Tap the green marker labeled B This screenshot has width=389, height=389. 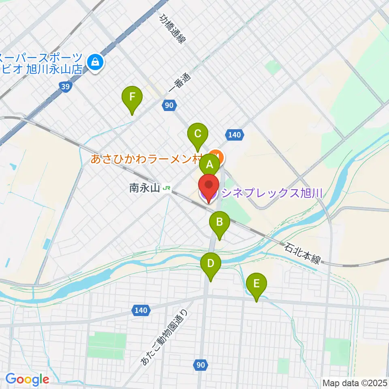(x=219, y=222)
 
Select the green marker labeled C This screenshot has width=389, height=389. (x=198, y=134)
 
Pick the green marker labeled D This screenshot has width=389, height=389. (x=211, y=264)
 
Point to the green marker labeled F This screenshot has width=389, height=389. (x=132, y=97)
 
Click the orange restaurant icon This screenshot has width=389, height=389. (x=217, y=156)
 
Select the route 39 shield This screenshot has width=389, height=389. (x=65, y=86)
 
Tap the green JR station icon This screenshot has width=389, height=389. (x=166, y=188)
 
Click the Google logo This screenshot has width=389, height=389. (x=27, y=379)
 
